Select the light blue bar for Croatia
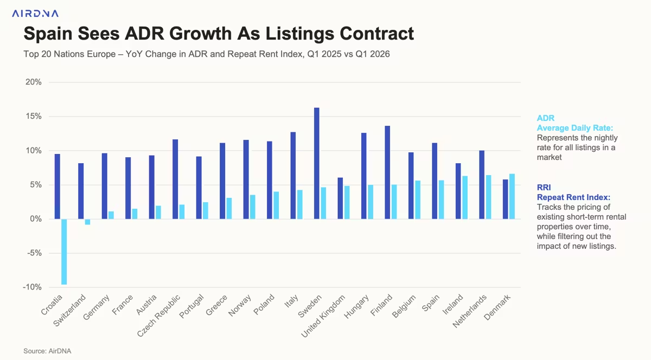[64, 252]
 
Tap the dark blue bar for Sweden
[317, 163]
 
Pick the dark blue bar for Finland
[387, 172]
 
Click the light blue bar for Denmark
[512, 196]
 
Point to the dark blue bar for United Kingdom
[340, 198]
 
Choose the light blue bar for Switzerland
[87, 222]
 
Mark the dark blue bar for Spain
[435, 181]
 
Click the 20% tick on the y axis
[34, 82]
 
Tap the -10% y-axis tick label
[32, 287]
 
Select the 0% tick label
[36, 219]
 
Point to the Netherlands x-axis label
[470, 313]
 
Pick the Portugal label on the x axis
[191, 308]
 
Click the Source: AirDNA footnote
[47, 351]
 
